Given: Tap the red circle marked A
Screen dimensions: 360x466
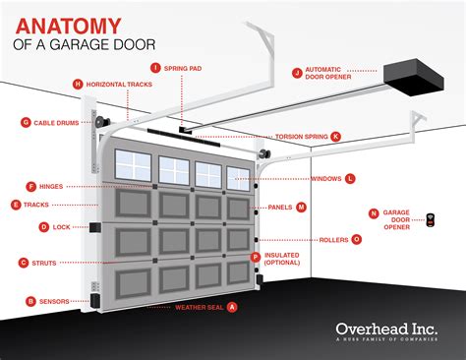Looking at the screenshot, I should (232, 306).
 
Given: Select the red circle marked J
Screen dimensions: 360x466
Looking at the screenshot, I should (297, 72).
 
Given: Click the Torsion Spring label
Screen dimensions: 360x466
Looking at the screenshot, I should (302, 137).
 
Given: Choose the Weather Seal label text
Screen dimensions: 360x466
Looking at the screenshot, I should (199, 306).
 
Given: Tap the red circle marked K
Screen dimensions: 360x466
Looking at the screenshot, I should (336, 137).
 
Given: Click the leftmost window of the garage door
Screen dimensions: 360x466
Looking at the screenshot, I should (134, 168).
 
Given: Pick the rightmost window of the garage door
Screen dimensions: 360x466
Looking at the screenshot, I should (239, 177).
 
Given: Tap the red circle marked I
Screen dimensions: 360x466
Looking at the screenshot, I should (155, 67).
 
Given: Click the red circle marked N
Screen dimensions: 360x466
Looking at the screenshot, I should (374, 212).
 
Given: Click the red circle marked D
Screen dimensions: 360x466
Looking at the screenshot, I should (44, 226).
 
